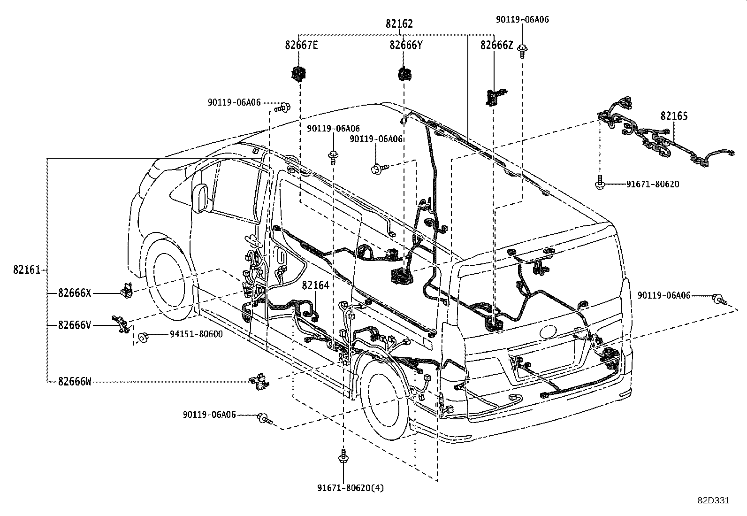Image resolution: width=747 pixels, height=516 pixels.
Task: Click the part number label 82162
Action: [399, 24]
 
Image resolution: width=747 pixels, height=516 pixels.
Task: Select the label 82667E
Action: [301, 45]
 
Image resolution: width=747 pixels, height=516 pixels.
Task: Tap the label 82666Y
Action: [405, 45]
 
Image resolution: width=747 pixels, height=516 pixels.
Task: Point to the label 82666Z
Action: [496, 45]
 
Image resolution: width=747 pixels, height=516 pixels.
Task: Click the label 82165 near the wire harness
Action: [674, 116]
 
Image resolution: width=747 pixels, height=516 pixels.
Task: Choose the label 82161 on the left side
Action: [26, 270]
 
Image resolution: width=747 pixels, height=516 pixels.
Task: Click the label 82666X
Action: [74, 293]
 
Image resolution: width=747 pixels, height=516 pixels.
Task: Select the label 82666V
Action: [74, 324]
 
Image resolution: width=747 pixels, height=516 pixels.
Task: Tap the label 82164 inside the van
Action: [315, 285]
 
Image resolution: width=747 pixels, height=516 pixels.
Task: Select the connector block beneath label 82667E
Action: [298, 73]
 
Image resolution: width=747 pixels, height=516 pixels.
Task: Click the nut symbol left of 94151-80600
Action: [142, 337]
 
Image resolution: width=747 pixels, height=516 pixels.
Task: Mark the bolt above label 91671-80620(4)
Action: [343, 456]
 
